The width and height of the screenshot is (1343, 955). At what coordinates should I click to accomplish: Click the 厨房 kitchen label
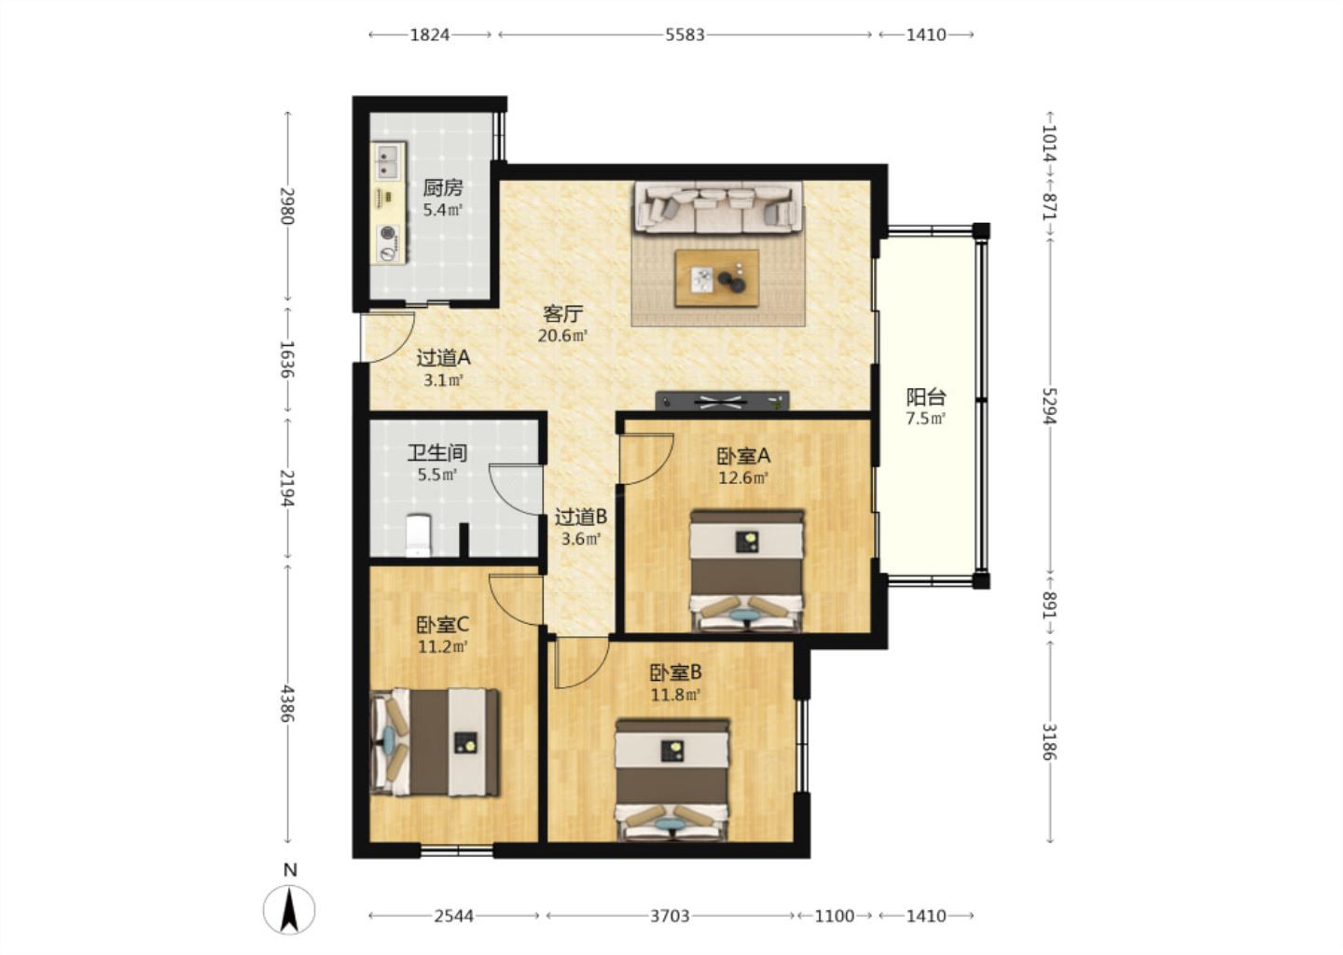click(442, 188)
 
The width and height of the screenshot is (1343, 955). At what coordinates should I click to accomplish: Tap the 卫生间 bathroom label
click(437, 452)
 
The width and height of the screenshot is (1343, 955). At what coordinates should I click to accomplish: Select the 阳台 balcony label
click(926, 397)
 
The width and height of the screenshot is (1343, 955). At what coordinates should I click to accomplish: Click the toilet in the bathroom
click(418, 534)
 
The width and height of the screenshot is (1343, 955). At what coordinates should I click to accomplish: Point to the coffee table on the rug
click(716, 279)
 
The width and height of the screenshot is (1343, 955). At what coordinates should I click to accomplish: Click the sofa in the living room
click(718, 207)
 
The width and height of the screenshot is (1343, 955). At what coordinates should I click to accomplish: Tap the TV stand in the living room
click(722, 401)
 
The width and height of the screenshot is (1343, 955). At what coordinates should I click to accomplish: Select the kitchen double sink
click(388, 161)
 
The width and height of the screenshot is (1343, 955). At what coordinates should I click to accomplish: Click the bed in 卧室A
click(746, 571)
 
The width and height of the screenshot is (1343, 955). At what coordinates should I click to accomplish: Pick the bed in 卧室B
click(672, 780)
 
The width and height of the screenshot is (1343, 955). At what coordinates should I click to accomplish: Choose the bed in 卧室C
click(435, 742)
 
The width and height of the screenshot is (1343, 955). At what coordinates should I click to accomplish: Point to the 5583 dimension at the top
click(685, 35)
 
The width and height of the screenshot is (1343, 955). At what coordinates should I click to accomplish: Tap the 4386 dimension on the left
click(288, 703)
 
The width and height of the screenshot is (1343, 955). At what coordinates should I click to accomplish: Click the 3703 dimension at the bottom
click(670, 916)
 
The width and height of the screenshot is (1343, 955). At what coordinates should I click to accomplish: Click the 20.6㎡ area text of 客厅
click(561, 335)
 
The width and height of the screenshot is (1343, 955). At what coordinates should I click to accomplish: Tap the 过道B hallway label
click(580, 516)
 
